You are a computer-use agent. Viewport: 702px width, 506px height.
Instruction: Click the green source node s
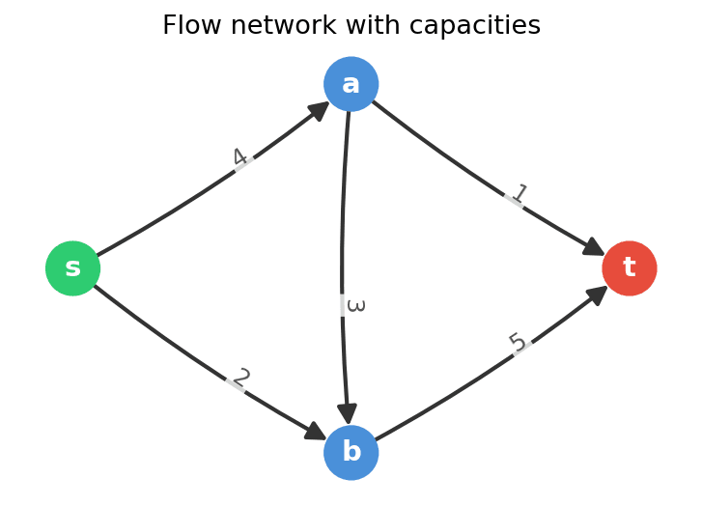point(72,268)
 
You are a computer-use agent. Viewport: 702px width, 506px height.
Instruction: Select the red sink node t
point(629,268)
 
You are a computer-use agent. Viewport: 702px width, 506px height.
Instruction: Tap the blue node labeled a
point(351,84)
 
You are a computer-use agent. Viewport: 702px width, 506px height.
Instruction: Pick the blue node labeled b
point(351,452)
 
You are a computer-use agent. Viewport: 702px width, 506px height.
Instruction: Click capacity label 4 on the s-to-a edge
point(240,158)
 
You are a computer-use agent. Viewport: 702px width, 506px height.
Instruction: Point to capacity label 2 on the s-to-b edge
point(240,379)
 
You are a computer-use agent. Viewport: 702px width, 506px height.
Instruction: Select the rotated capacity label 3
point(354,305)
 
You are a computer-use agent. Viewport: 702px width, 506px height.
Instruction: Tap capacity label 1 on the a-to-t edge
point(519,195)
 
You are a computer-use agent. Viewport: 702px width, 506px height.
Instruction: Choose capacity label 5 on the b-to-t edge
point(518,343)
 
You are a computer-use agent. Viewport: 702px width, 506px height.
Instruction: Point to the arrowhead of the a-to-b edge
point(348,413)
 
